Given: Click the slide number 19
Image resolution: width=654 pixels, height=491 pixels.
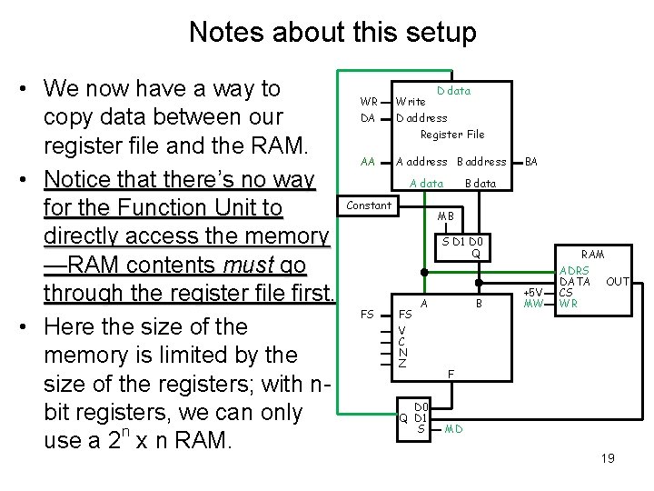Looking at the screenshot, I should click(608, 458).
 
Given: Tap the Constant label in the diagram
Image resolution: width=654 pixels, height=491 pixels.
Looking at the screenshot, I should click(369, 205).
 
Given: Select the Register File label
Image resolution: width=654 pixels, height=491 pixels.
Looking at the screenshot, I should click(452, 135).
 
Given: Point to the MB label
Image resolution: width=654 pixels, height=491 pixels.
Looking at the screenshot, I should click(446, 216).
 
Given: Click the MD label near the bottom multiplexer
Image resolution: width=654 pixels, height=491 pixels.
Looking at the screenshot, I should click(453, 428).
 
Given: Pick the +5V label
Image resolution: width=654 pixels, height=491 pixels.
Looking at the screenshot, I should click(534, 292).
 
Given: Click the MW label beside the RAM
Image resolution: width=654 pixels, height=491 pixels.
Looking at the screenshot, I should click(533, 303).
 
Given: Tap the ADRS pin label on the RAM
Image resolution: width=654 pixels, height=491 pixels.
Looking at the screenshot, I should click(574, 271).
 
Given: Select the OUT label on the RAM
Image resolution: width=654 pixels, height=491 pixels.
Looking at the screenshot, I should click(618, 282).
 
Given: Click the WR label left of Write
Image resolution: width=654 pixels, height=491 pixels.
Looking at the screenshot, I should click(369, 101).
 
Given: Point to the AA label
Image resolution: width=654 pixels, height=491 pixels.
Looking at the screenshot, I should click(368, 162).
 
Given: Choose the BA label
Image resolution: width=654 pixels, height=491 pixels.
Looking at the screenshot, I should click(531, 162).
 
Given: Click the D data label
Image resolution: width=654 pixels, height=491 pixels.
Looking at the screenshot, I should click(453, 91).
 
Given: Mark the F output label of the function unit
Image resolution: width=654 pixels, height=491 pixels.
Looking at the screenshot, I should click(451, 374).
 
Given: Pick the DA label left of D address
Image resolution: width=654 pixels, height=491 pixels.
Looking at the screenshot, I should click(368, 118).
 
